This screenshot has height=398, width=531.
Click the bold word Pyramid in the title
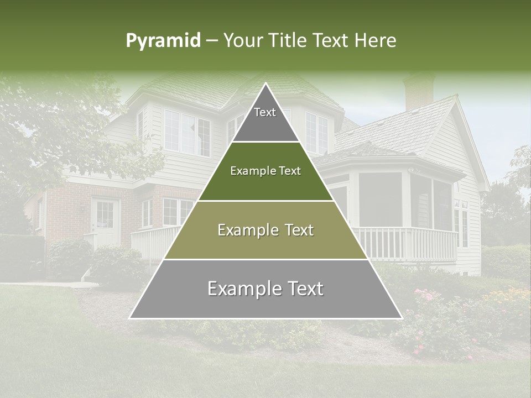click(x=163, y=40)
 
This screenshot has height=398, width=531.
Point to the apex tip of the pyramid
click(x=265, y=84)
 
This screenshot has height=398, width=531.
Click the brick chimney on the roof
click(x=419, y=91)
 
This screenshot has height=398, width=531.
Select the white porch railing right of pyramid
click(x=407, y=243)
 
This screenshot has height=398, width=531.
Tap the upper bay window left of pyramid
click(x=187, y=133)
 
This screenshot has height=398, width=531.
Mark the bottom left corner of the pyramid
click(x=130, y=318)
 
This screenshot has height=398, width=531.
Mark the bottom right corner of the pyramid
click(x=402, y=318)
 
